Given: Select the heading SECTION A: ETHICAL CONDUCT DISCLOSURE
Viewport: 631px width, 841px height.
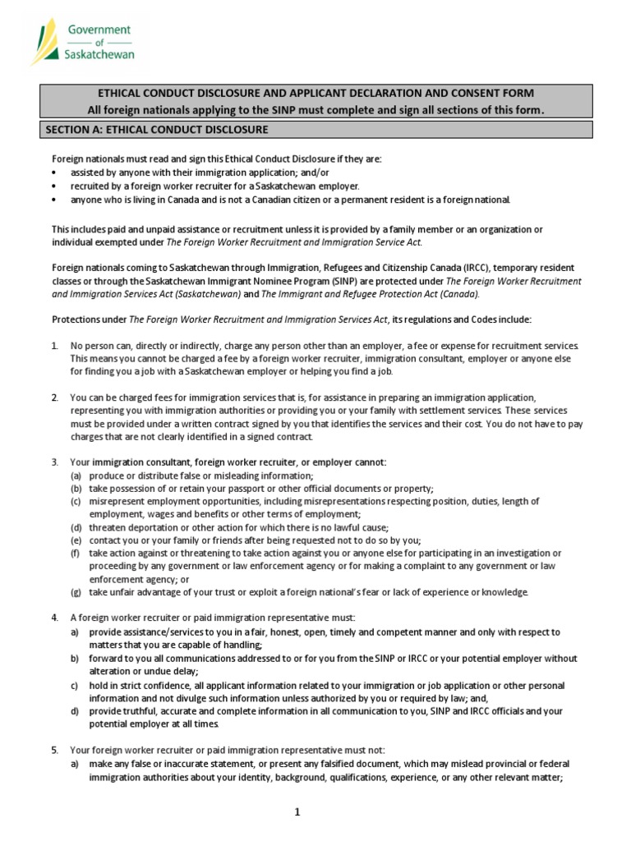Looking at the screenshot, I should point(155,130).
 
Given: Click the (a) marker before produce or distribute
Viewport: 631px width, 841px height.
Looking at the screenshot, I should point(76,476).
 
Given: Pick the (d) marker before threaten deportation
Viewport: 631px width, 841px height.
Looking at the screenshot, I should point(76,527).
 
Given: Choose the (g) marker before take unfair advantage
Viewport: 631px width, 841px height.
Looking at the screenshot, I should point(76,592).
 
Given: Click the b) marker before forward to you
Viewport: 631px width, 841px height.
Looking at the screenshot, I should point(75,659).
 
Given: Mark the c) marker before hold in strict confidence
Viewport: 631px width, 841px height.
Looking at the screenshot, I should point(75,685).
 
